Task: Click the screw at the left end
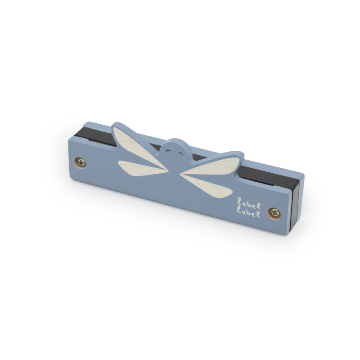point(81,163)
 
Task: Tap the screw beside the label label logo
point(274,213)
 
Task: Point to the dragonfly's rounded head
point(176,149)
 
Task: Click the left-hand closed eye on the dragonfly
point(168,151)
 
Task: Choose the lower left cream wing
point(142,167)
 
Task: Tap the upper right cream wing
point(212,166)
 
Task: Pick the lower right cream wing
point(207,185)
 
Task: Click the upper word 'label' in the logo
point(249,204)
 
